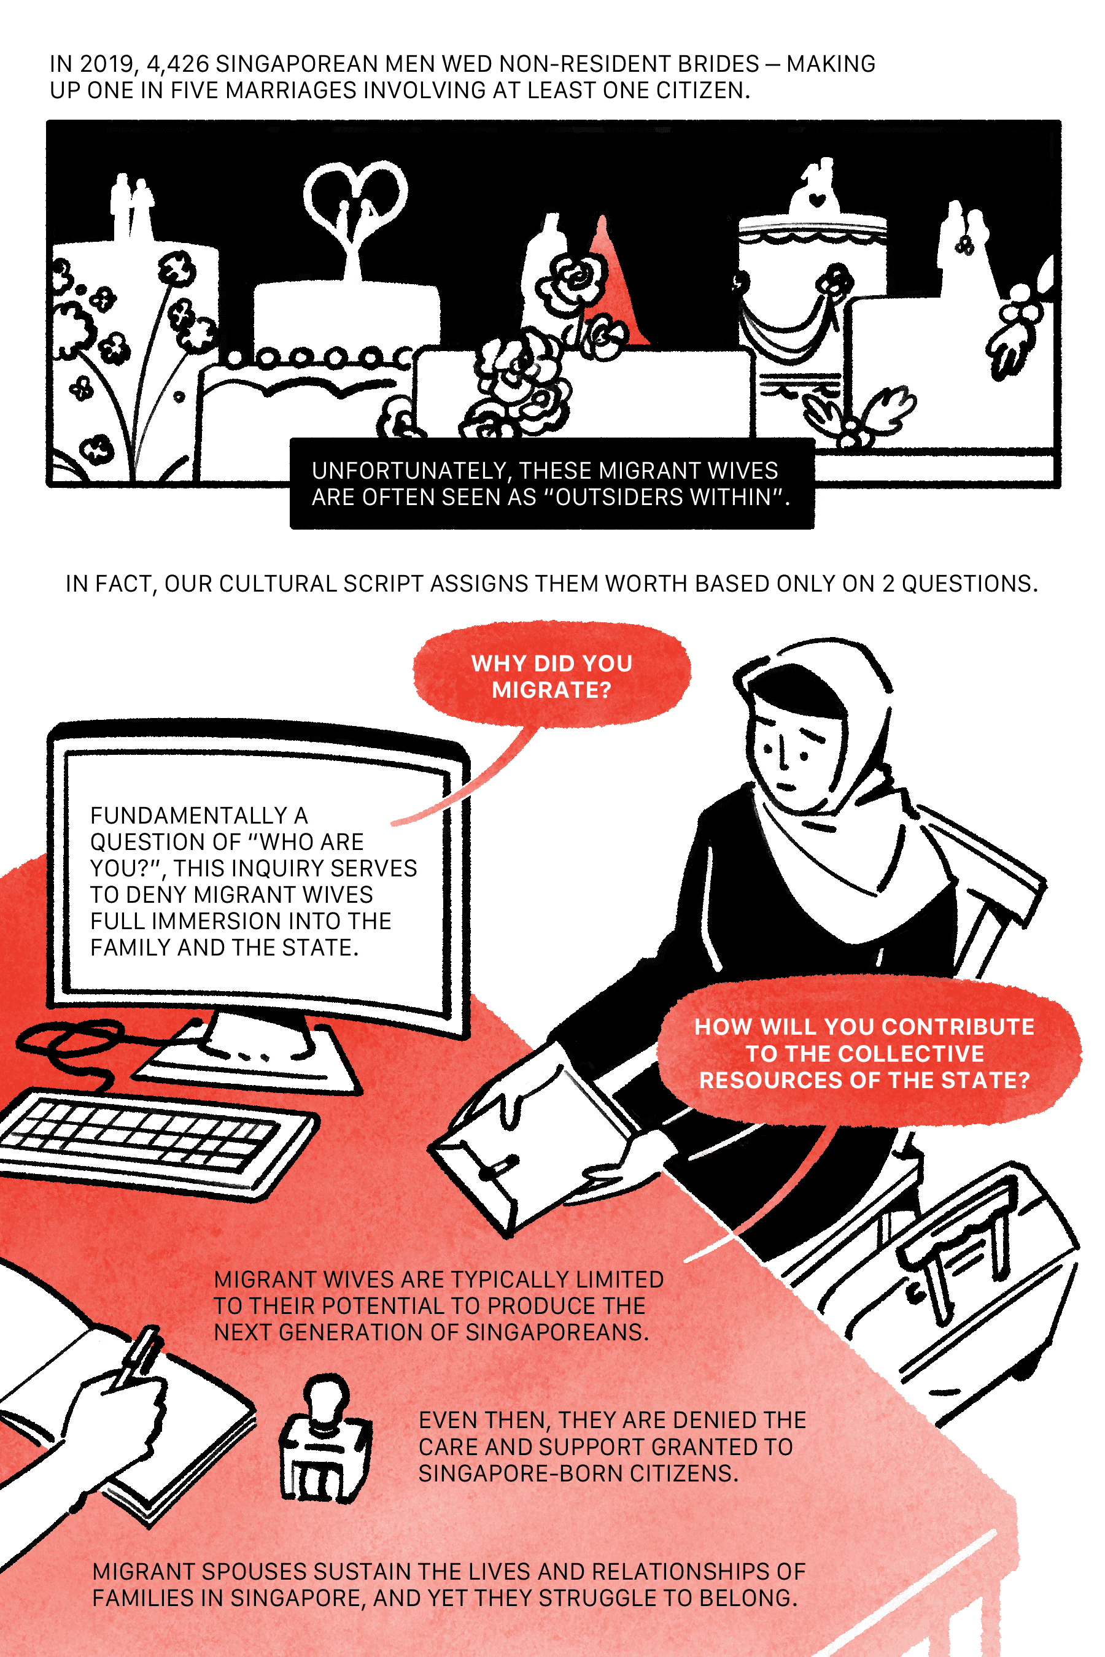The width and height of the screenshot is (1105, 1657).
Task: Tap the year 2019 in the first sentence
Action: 107,64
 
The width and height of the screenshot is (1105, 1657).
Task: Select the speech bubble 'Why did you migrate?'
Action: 552,674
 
